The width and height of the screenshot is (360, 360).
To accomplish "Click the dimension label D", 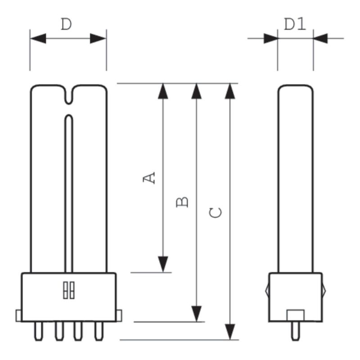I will pyautogui.click(x=66, y=25).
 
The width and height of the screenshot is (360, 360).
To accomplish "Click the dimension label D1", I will pyautogui.click(x=295, y=24).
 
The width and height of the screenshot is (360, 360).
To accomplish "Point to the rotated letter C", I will pyautogui.click(x=216, y=212).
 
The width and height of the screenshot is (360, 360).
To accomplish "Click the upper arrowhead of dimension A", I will pyautogui.click(x=163, y=90).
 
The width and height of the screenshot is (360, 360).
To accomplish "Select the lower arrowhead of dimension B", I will pyautogui.click(x=196, y=314).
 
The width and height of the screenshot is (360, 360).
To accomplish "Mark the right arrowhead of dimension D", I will pyautogui.click(x=99, y=39).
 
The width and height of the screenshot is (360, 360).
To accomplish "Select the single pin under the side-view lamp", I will pyautogui.click(x=295, y=329).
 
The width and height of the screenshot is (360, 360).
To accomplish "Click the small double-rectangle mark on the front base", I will pyautogui.click(x=68, y=290).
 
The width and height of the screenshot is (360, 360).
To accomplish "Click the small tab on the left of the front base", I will pyautogui.click(x=18, y=315).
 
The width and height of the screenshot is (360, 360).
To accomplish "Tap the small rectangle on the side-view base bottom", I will pyautogui.click(x=295, y=315).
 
